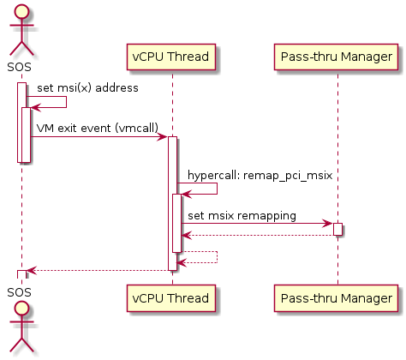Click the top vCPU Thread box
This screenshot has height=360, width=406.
171,57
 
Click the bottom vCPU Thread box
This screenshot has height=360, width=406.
171,298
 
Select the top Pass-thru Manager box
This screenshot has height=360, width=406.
336,57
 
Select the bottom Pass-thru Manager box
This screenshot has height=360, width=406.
336,298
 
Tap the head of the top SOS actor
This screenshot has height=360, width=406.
21,12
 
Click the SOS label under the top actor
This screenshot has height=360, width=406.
19,67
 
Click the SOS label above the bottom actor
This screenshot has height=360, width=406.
19,292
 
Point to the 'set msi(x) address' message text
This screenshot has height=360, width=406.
87,88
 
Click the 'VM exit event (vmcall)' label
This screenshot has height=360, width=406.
98,129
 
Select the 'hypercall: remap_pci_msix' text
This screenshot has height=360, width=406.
260,175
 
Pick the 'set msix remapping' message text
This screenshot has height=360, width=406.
242,216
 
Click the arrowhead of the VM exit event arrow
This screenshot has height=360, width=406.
164,137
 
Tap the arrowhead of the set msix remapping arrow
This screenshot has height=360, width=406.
328,224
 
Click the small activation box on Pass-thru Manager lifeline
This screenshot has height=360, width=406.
337,229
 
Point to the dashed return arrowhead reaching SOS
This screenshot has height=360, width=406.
31,270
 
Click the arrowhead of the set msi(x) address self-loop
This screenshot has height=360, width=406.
35,108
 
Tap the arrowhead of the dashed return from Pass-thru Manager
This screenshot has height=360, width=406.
186,236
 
